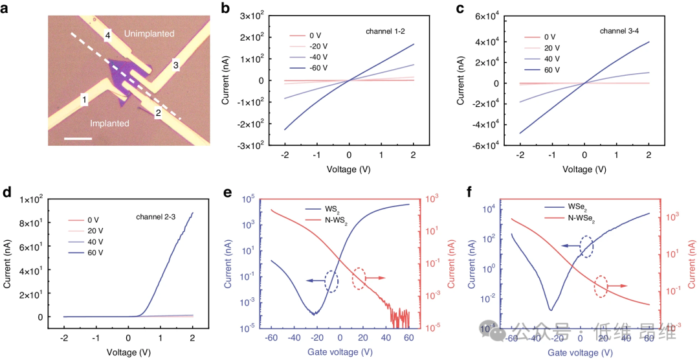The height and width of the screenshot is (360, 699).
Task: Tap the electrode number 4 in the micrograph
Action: (x=108, y=37)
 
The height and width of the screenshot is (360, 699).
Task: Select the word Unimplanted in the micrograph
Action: (x=149, y=34)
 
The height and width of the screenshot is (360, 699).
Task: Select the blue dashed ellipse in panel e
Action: (x=331, y=281)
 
